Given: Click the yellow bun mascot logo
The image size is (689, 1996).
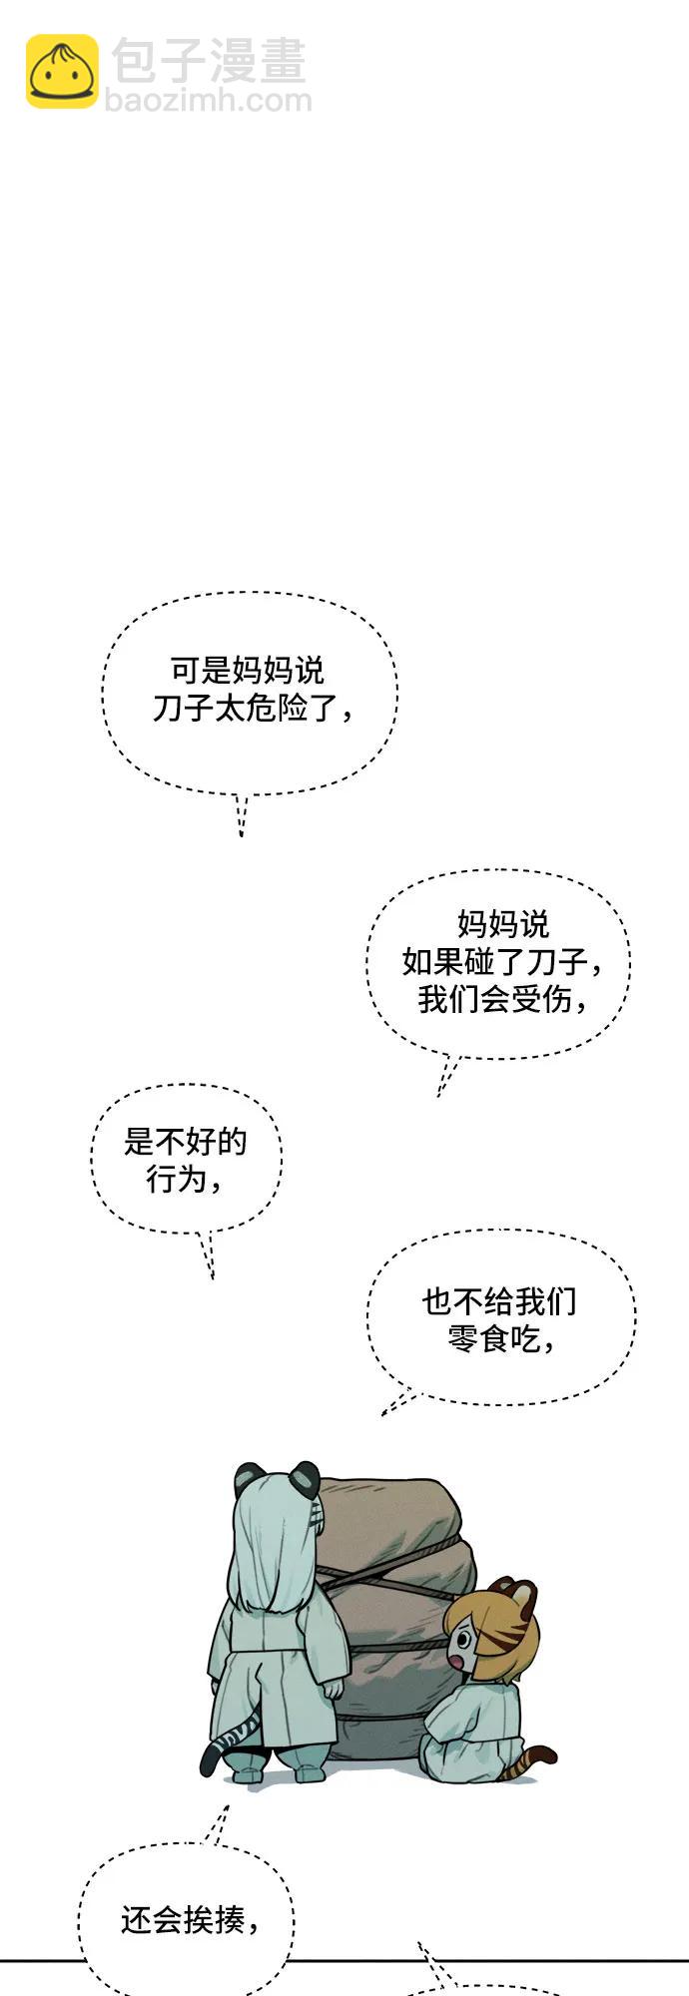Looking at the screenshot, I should coord(62,71).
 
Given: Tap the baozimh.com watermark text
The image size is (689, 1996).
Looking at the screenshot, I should coord(208,101).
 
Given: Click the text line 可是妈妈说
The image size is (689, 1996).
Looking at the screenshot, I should coord(248,670).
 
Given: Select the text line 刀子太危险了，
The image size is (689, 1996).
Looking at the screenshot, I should coord(253,708).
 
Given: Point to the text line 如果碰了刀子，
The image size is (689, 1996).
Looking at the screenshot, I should coord(502,961).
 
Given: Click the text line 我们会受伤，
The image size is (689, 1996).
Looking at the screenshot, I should coord(502,998).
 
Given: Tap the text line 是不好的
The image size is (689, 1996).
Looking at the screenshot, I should coord(185,1142).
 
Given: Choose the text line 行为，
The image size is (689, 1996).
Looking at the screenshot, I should coord(185,1180).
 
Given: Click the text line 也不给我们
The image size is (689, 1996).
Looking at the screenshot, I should coord(499,1301).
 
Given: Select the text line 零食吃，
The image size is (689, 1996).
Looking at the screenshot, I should coord(500,1338).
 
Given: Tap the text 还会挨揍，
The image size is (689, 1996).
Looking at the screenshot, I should coord(190,1919).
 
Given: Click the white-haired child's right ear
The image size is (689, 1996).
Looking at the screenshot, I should coord(305,1475).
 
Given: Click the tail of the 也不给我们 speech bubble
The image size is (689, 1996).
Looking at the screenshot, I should coord(397,1403).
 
